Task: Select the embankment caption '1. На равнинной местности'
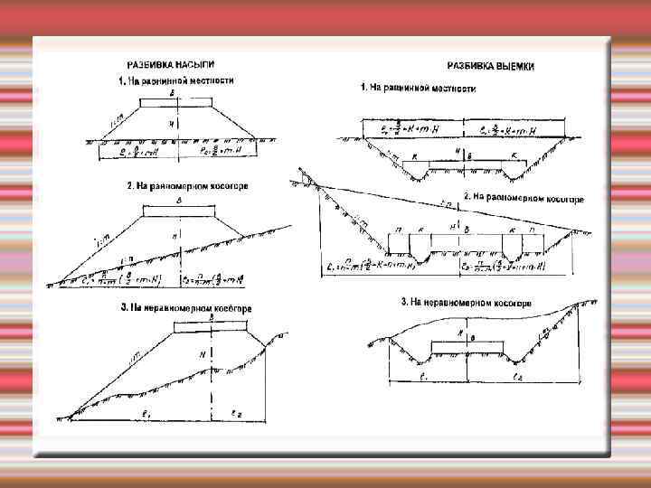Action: click(176, 80)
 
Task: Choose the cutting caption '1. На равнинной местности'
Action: click(418, 88)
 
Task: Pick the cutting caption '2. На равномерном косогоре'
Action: click(524, 197)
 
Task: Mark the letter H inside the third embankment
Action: click(204, 355)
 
